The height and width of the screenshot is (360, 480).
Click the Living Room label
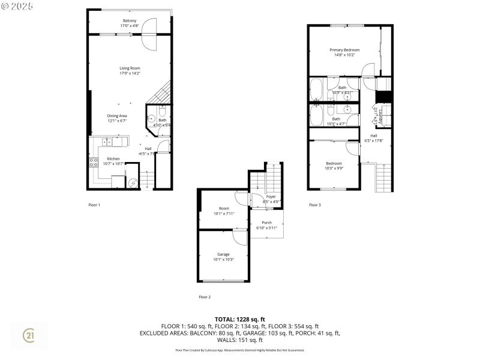coord(130,68)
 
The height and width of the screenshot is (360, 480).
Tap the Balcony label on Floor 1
coord(130,20)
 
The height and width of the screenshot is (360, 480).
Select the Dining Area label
coord(117,115)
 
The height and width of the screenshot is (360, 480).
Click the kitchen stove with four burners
coord(94,162)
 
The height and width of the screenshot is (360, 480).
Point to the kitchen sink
coord(106,142)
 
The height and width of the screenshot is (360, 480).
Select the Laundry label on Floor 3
coord(380,115)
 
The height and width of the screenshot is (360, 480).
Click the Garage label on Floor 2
coord(223,254)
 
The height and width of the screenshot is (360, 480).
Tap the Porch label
coord(267,223)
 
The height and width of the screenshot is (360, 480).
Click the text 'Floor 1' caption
coord(94,205)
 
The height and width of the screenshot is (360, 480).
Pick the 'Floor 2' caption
coord(205,296)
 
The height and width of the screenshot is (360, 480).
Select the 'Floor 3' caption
coord(315,205)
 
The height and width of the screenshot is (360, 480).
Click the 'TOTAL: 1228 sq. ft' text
coord(239,319)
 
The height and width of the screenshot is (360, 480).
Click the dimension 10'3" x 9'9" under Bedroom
coord(334,168)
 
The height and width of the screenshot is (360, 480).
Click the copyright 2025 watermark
coord(17,5)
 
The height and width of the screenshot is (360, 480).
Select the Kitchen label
coord(113,159)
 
